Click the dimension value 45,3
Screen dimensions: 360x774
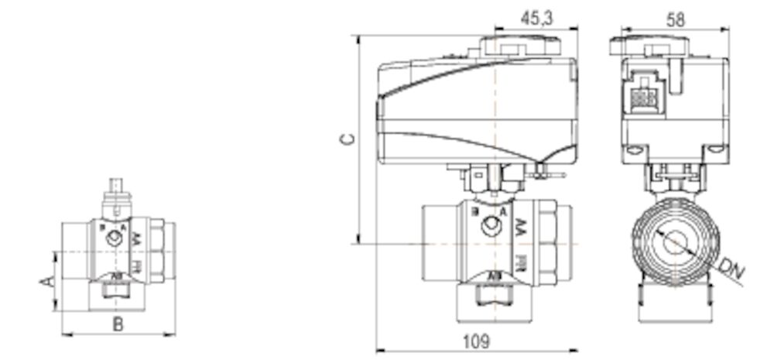[x=536, y=19]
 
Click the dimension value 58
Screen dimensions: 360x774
[x=676, y=19]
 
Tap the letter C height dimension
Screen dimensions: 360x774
[x=348, y=139]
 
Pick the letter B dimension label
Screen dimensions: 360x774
[x=118, y=324]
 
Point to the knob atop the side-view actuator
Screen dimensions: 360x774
[x=520, y=46]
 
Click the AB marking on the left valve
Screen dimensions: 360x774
[x=116, y=276]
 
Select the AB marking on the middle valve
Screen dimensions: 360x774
[x=492, y=276]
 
